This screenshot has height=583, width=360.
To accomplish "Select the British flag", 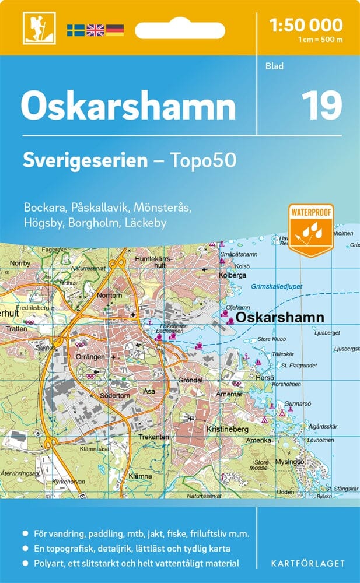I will click(95, 30).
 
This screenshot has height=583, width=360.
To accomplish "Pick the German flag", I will click(114, 30).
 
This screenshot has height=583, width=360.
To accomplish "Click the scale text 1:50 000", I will click(306, 24).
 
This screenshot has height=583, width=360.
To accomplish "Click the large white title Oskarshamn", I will click(128, 107).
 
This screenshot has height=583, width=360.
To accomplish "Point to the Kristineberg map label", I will click(228, 429).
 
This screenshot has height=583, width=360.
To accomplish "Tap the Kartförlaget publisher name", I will click(309, 563).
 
